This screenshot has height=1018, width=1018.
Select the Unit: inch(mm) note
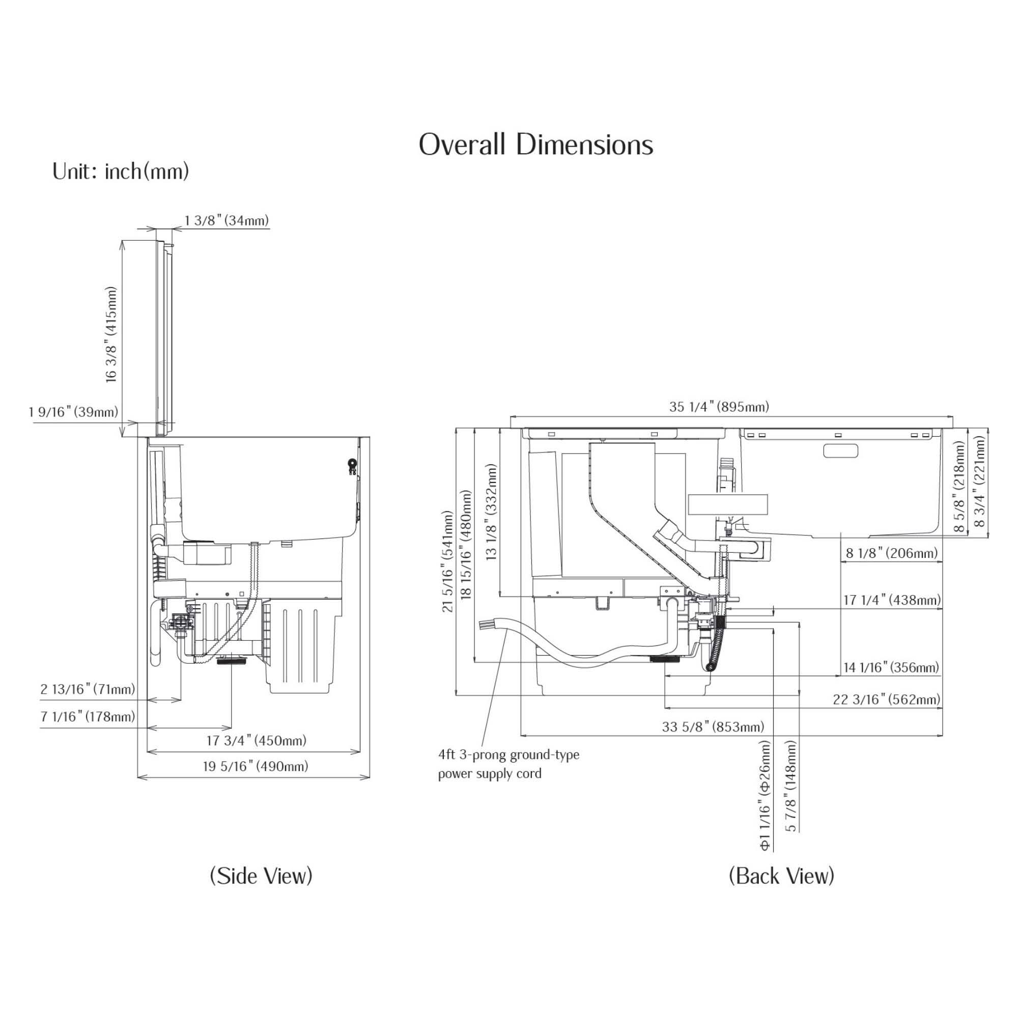(x=120, y=172)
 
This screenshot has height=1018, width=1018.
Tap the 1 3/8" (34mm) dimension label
(x=227, y=220)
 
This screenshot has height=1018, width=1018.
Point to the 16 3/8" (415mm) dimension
(x=111, y=335)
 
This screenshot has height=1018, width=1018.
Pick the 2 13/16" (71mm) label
(x=88, y=689)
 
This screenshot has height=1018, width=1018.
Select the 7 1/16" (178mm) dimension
(x=88, y=717)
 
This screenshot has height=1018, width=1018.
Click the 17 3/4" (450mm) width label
(x=256, y=741)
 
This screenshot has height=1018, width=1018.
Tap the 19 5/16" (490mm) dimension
(x=256, y=766)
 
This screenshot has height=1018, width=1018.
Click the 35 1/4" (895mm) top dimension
(x=719, y=407)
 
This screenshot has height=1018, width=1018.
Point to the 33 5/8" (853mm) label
(x=713, y=727)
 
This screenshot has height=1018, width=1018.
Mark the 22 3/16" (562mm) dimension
(x=886, y=699)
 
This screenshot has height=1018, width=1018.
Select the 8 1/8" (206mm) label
(x=892, y=553)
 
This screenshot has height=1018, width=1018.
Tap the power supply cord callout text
(x=508, y=764)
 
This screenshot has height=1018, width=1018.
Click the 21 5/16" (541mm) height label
(x=448, y=561)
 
